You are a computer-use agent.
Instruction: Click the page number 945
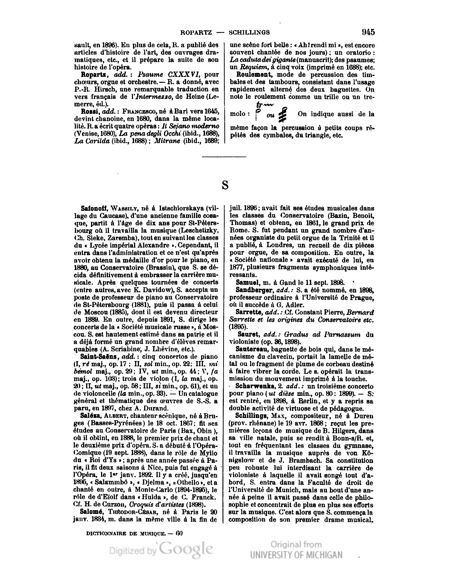point(368,32)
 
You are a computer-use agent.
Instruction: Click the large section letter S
point(225,185)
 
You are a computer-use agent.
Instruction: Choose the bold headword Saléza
point(90,416)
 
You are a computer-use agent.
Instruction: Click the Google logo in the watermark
point(186,549)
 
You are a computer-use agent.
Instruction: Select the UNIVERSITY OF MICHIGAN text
point(296,555)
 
